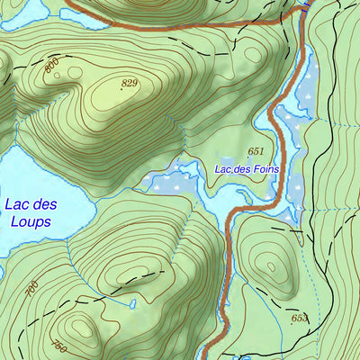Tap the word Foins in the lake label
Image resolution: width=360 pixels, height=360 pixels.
coord(261,168)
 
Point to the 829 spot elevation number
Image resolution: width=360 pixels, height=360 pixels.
coord(130,83)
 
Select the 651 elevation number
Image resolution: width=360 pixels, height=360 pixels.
coord(256,151)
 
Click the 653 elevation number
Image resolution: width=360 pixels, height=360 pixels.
coord(299,319)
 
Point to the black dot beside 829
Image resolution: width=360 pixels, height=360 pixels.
coord(121,89)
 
